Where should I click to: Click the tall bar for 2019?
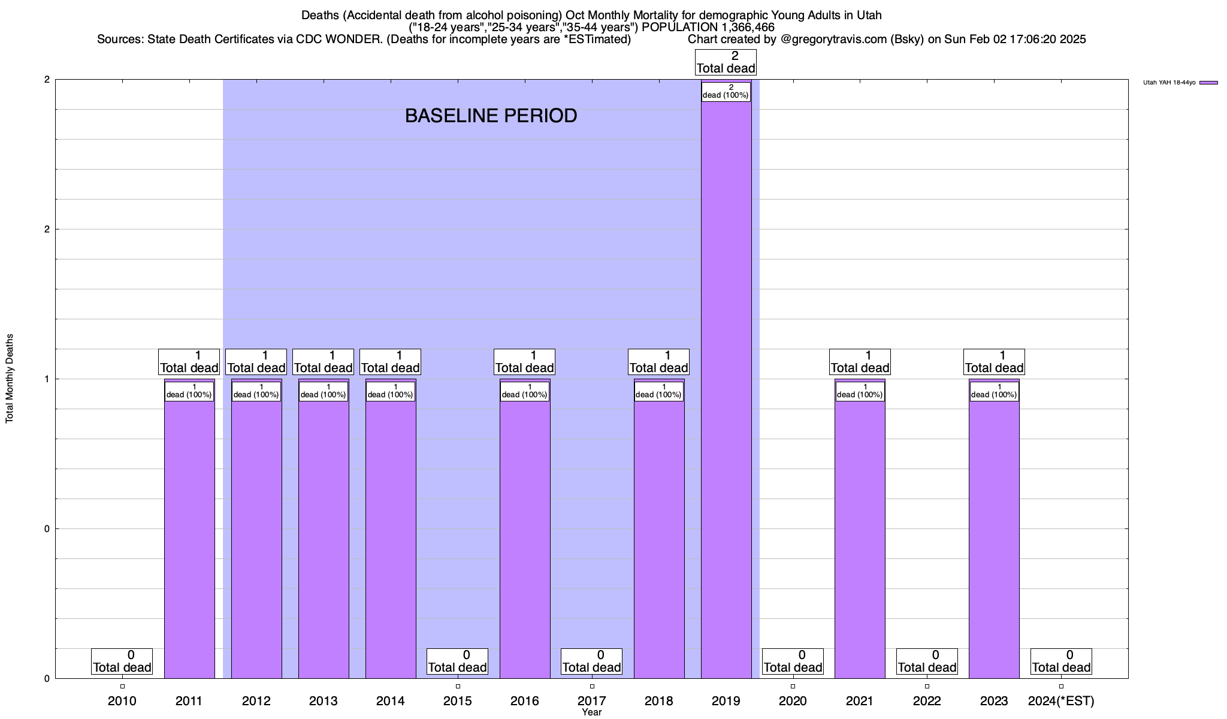click(726, 389)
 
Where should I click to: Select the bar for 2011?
click(189, 539)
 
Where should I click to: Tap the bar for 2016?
click(525, 539)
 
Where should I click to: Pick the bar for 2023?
click(994, 539)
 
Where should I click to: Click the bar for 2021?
click(860, 539)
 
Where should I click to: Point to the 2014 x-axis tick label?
click(391, 701)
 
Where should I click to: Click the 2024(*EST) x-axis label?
click(1061, 701)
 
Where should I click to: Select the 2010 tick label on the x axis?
click(122, 701)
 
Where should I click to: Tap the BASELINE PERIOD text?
click(491, 116)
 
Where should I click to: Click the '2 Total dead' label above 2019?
click(726, 62)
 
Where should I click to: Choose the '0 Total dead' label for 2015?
click(458, 661)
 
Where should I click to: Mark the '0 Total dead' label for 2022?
click(927, 661)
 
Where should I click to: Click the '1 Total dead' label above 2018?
click(658, 362)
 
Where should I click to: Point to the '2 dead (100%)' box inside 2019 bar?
click(726, 92)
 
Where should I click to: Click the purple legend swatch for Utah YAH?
click(1208, 83)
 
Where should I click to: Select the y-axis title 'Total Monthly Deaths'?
click(10, 379)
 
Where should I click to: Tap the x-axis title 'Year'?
click(591, 712)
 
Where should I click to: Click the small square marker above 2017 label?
click(592, 687)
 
